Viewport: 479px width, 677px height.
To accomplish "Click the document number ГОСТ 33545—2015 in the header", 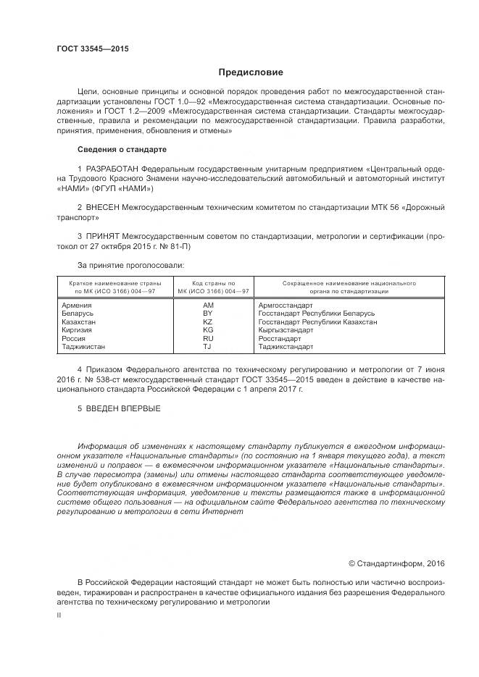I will [92, 49].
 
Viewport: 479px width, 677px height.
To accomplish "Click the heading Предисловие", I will [251, 72].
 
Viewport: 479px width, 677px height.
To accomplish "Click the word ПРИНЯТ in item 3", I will [105, 236].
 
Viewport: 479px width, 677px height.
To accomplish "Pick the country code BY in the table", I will [207, 314].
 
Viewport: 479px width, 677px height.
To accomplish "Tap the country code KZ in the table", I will [207, 321].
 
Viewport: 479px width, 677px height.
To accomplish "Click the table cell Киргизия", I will [78, 329].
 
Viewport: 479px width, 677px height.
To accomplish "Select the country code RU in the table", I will [207, 337].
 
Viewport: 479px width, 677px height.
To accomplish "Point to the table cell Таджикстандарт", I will [286, 346].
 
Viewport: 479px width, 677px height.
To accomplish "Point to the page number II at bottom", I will [59, 614].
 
